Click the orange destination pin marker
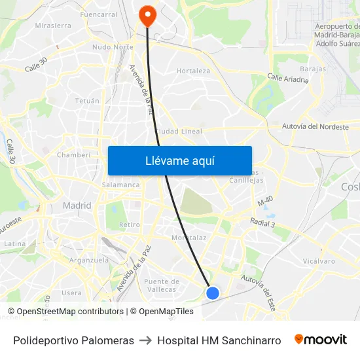[147, 15]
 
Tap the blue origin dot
[212, 293]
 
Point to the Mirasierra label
[53, 26]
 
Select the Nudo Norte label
[113, 47]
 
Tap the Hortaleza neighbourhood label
[193, 71]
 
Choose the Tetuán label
[87, 101]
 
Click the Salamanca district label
[120, 185]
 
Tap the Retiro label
[130, 225]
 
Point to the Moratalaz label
[189, 238]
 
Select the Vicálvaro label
[319, 261]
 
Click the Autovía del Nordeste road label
[315, 126]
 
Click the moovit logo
[321, 340]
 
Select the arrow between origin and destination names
[145, 340]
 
